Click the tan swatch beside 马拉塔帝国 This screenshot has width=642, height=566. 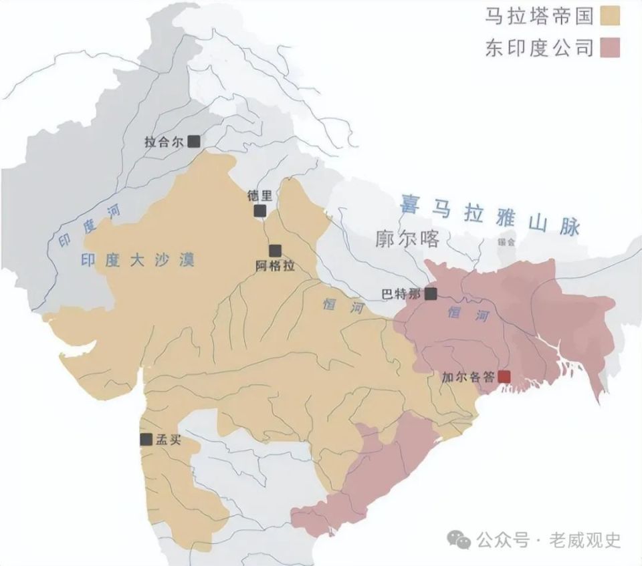[x=611, y=15]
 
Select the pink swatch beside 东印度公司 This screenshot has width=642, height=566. [x=611, y=47]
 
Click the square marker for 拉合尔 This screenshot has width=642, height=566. [x=194, y=141]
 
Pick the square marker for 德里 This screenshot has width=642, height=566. [x=259, y=211]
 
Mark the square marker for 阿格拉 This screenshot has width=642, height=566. [x=274, y=251]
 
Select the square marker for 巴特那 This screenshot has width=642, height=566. [x=431, y=293]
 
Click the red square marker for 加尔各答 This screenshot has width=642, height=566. [x=504, y=377]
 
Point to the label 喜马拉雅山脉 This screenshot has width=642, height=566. [x=489, y=214]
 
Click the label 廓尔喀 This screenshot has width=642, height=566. [x=408, y=240]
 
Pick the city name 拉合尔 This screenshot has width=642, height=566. [x=164, y=142]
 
